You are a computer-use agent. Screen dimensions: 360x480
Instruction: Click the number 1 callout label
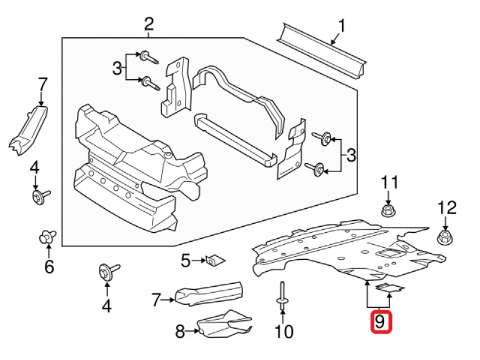tap(342, 26)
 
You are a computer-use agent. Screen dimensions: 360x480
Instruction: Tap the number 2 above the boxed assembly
tap(149, 24)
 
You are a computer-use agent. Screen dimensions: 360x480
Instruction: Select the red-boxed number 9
tap(380, 322)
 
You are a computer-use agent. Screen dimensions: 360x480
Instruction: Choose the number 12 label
tap(448, 208)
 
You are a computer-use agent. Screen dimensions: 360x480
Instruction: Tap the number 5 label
tap(185, 260)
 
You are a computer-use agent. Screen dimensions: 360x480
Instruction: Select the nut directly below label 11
tap(388, 210)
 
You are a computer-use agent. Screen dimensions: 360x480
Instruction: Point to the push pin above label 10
tap(281, 296)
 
